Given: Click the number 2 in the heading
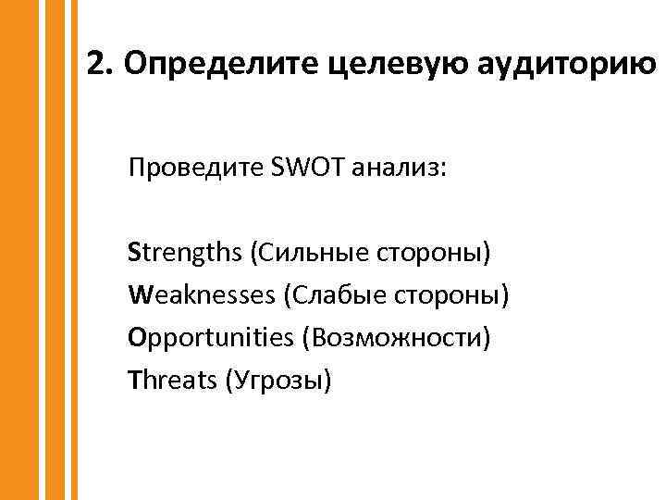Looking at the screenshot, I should coord(94,63).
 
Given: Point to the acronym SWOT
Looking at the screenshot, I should coord(303,169).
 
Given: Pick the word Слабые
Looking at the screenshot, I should coord(329,294).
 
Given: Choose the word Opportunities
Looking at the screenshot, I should coord(210,337).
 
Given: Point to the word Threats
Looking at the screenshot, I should coord(172,380).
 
